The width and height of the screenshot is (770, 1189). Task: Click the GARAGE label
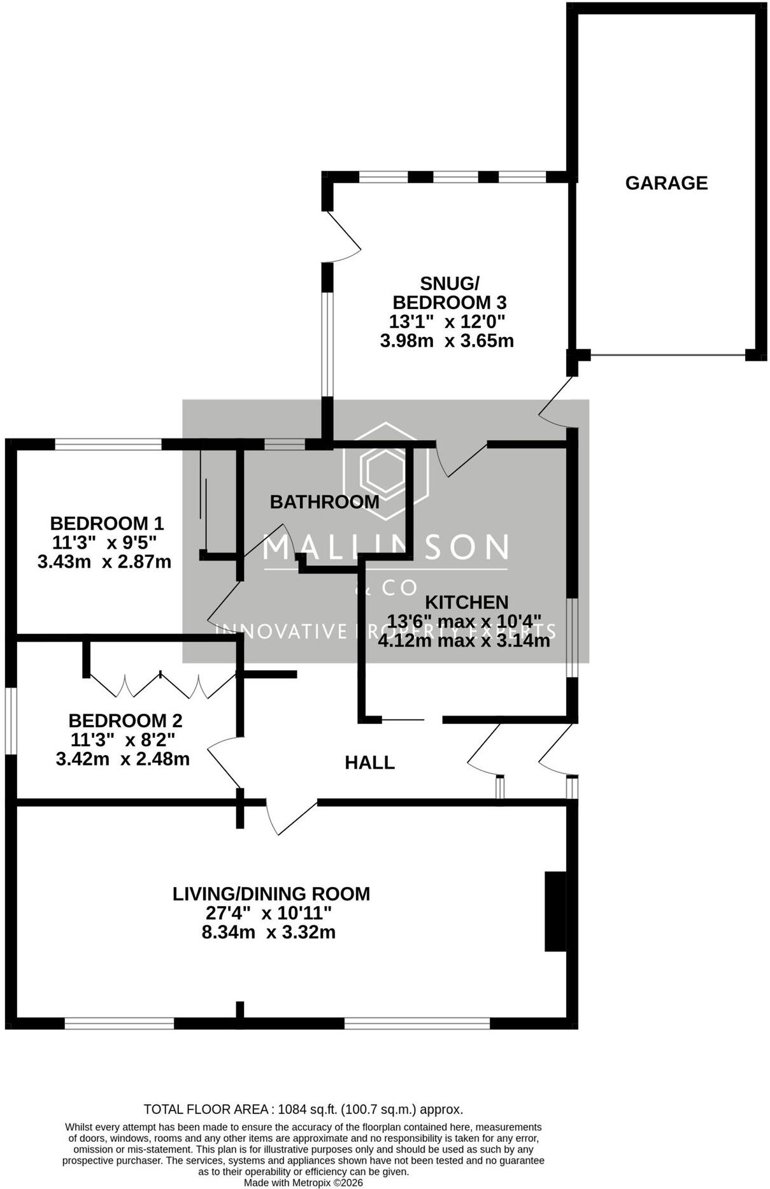[x=666, y=184]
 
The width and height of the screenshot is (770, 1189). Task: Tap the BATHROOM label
[x=325, y=502]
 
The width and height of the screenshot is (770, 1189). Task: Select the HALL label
[x=369, y=763]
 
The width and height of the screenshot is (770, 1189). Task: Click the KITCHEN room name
[x=467, y=602]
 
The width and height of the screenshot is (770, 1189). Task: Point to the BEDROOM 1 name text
[x=107, y=524]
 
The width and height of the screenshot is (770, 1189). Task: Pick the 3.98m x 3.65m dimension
[x=447, y=341]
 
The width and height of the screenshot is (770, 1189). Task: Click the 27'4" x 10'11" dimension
[x=269, y=913]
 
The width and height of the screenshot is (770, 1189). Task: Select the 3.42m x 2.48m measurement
[x=123, y=760]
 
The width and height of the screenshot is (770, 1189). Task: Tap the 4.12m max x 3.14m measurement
[x=464, y=640]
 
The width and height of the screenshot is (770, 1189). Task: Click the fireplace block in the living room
[x=555, y=912]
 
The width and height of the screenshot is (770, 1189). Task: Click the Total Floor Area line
[x=303, y=1109]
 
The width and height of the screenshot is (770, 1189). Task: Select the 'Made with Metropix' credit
[x=304, y=1183]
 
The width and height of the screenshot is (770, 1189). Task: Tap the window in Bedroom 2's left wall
[x=11, y=721]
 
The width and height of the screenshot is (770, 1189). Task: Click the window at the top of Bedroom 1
[x=108, y=444]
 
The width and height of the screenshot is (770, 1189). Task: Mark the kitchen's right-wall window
[x=573, y=638]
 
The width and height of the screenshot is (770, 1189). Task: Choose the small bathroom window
[x=285, y=444]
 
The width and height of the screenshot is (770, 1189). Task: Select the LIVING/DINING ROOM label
[x=271, y=894]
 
